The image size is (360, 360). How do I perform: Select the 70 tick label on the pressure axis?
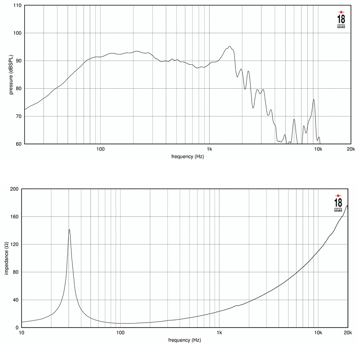tap(17, 116)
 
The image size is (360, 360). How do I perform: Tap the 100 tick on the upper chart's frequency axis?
tap(100, 149)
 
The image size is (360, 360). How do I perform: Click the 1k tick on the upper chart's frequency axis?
tap(209, 149)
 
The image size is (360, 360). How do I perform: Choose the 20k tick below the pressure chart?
tap(351, 149)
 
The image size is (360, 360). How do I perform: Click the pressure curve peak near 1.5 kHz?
tap(229, 46)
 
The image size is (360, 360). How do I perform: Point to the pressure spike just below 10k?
tap(314, 99)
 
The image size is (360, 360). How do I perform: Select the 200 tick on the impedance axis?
tap(13, 189)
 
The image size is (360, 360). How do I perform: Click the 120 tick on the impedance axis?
tap(13, 244)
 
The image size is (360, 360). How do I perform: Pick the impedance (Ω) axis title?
tap(6, 258)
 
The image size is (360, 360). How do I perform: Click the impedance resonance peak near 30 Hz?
tap(69, 229)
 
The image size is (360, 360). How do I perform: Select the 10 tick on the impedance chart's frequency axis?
tap(22, 333)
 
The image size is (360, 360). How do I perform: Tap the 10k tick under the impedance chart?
tap(318, 333)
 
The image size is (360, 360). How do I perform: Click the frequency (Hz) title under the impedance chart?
tap(185, 340)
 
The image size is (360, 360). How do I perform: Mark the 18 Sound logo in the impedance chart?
tap(338, 201)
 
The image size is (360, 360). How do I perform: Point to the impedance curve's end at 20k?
tap(347, 206)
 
